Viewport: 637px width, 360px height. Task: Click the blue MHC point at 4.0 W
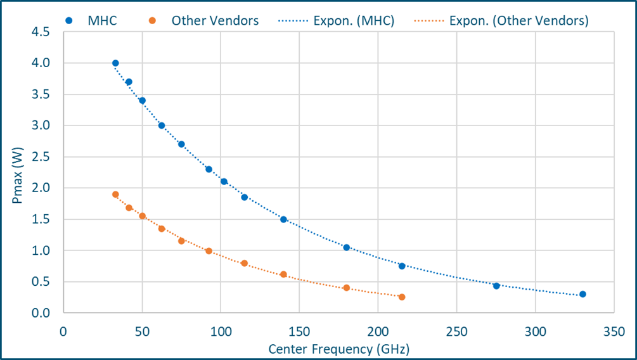[x=115, y=63]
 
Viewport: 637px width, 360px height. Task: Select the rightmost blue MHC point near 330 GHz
[x=582, y=294]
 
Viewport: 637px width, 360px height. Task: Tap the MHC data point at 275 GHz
[x=496, y=286]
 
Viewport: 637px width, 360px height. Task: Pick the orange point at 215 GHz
[x=402, y=297]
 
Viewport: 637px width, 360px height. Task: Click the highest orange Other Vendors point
[x=115, y=195]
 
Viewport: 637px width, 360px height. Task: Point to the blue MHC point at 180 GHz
[x=347, y=247]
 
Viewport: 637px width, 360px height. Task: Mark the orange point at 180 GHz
[x=347, y=288]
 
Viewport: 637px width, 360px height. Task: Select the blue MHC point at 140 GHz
[x=283, y=219]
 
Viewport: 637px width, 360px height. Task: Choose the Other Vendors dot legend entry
[x=206, y=20]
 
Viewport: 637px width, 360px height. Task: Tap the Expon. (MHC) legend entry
[x=336, y=20]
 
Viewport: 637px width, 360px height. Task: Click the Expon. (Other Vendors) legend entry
[x=501, y=20]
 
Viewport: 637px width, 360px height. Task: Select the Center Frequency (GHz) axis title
[x=338, y=349]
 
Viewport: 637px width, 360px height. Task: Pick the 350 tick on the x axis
[x=614, y=331]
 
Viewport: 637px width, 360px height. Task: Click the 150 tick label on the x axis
[x=299, y=331]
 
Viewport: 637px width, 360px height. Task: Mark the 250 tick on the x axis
[x=456, y=331]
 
